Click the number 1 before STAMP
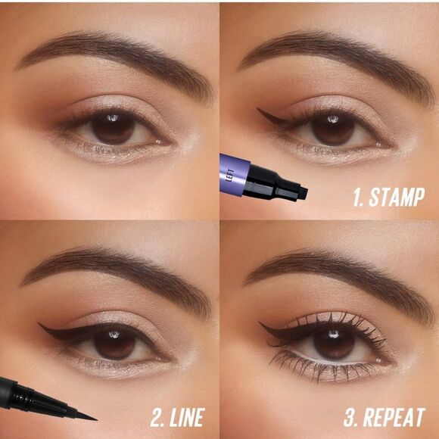pyautogui.click(x=358, y=198)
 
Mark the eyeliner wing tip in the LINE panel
pyautogui.click(x=41, y=325)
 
